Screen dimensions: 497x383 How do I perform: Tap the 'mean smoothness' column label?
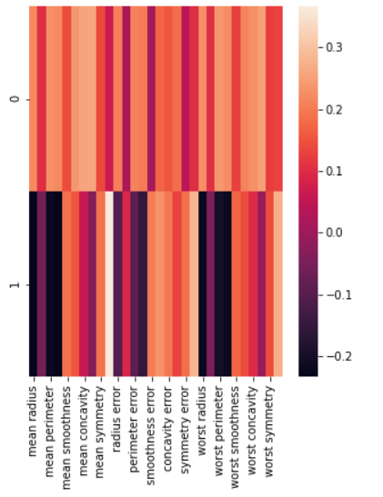pyautogui.click(x=67, y=426)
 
